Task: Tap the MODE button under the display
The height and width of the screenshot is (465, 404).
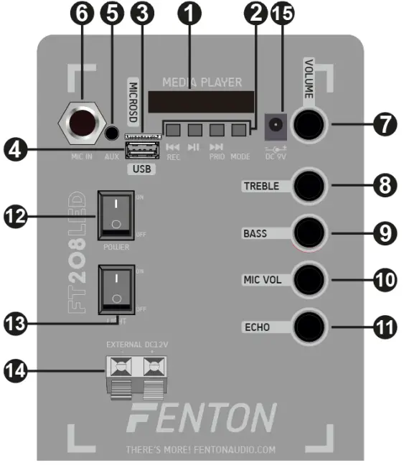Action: (x=239, y=131)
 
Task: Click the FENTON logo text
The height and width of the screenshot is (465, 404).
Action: (x=202, y=418)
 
